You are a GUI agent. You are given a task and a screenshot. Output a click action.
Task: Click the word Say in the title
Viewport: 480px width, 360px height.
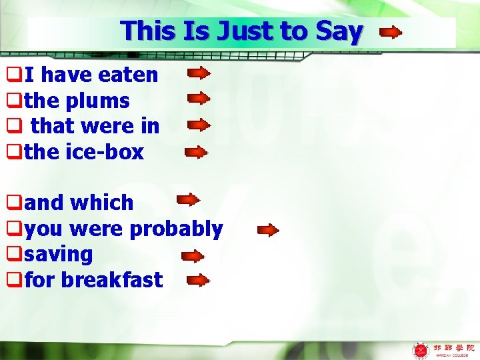(339, 31)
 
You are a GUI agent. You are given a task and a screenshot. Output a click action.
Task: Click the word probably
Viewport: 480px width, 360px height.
(176, 229)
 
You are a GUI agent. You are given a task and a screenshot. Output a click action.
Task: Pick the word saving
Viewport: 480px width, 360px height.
(59, 255)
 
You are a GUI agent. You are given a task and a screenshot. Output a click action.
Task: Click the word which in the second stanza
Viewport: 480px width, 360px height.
(103, 203)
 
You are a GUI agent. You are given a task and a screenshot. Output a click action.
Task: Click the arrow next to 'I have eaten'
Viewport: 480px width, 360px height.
(199, 73)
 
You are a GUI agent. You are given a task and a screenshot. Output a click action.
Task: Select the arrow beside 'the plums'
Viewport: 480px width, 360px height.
(199, 99)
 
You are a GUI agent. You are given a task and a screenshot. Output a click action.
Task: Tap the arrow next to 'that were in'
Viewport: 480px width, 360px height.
(197, 125)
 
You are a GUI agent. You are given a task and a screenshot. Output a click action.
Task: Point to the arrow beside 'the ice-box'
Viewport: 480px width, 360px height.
(196, 152)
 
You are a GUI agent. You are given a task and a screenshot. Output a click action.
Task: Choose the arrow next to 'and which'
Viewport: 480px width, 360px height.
(188, 199)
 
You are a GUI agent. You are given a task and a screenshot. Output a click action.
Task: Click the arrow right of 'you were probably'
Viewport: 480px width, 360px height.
(268, 231)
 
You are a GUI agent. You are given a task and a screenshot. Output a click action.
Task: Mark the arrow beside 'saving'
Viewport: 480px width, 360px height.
(193, 256)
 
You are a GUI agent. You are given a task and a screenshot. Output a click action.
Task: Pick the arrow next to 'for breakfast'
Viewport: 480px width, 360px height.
(198, 281)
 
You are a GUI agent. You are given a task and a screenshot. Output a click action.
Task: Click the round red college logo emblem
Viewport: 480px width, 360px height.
(421, 350)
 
